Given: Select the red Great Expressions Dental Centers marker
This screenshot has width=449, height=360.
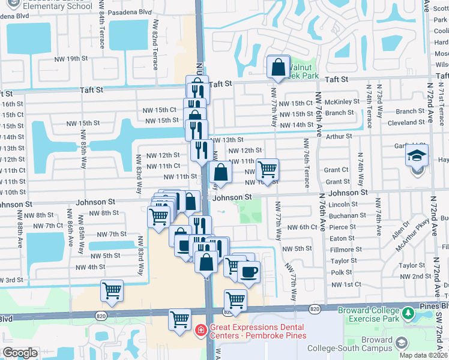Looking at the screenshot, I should (x=201, y=329).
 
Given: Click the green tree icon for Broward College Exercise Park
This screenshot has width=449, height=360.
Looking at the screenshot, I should (x=409, y=313).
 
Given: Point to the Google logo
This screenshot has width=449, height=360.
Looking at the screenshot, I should (x=20, y=353).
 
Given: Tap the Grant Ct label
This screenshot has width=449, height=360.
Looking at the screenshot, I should (x=336, y=170).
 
